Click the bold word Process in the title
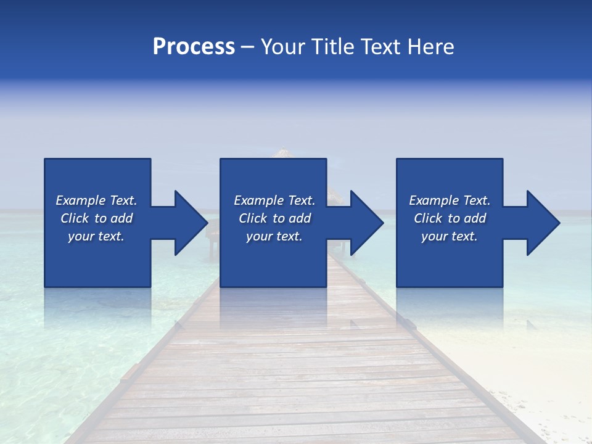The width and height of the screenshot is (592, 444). [194, 47]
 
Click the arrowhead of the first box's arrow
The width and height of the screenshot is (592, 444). [192, 223]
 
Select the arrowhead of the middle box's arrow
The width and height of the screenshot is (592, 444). [368, 223]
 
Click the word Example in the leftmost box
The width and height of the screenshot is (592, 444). [81, 200]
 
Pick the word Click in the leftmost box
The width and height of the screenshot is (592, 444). [75, 218]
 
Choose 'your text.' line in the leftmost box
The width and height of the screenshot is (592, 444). [96, 236]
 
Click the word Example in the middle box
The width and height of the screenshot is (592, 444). [259, 200]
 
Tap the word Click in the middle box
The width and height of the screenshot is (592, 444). [253, 218]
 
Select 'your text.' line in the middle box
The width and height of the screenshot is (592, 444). [274, 236]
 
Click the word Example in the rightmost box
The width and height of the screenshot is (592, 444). [434, 200]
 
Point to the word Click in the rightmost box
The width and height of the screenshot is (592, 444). [429, 218]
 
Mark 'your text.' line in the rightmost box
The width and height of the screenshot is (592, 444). [450, 236]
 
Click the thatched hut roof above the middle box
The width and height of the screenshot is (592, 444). [282, 153]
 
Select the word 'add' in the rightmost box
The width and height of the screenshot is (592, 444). [475, 218]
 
